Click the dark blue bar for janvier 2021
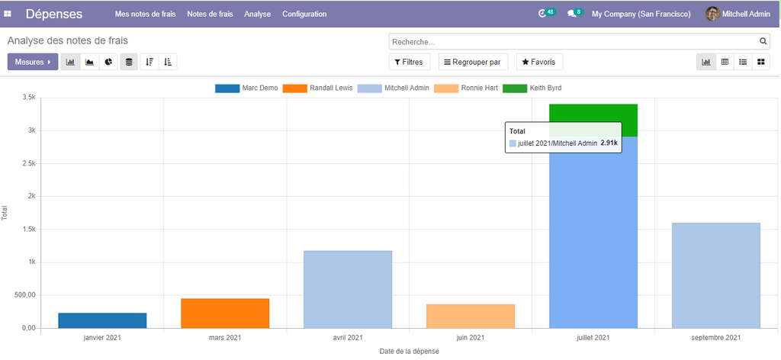tap(102, 320)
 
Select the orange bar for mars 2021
tap(225, 313)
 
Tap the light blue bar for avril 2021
tap(348, 289)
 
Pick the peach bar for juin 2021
tap(471, 316)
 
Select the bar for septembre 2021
tap(716, 275)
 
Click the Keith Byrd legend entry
tap(532, 88)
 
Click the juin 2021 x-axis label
tap(471, 337)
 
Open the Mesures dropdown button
tap(33, 62)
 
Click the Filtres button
tap(410, 62)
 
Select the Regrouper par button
tap(473, 62)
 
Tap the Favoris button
tap(539, 62)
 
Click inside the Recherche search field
tap(572, 41)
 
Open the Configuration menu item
tap(304, 14)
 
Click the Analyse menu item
tap(258, 14)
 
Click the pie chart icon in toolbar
tap(110, 62)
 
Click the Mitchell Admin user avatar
tap(712, 14)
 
